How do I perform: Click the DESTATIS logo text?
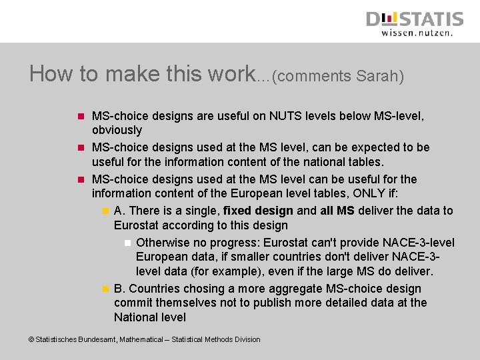point(414,19)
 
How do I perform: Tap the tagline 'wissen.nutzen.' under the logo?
point(417,32)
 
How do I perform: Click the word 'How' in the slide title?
point(51,73)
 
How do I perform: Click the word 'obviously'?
point(117,130)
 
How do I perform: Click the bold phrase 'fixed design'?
point(258,211)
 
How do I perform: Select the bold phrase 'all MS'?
point(337,211)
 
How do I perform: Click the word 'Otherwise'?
point(163,242)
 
